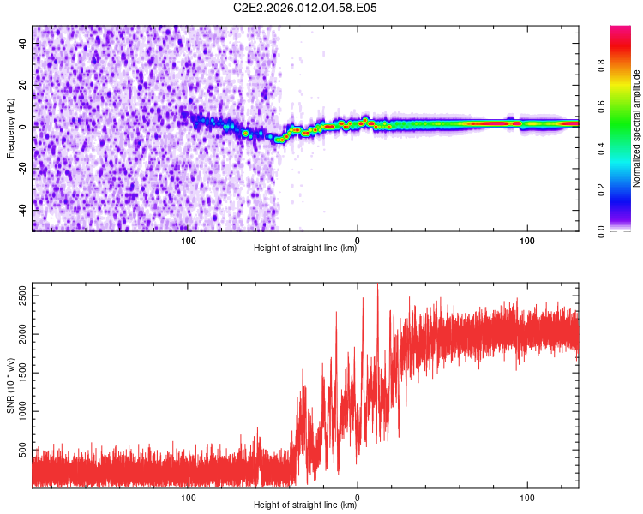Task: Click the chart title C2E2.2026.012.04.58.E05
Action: pyautogui.click(x=306, y=8)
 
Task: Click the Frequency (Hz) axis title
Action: pyautogui.click(x=11, y=128)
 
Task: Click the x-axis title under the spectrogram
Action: pyautogui.click(x=306, y=248)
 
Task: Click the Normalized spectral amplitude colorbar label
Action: pyautogui.click(x=638, y=128)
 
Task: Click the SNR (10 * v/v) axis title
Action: pyautogui.click(x=11, y=385)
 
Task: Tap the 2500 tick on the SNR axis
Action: pyautogui.click(x=21, y=296)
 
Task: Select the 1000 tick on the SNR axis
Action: pyautogui.click(x=21, y=411)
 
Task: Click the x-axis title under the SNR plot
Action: pyautogui.click(x=306, y=505)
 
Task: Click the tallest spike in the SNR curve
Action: pyautogui.click(x=378, y=286)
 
